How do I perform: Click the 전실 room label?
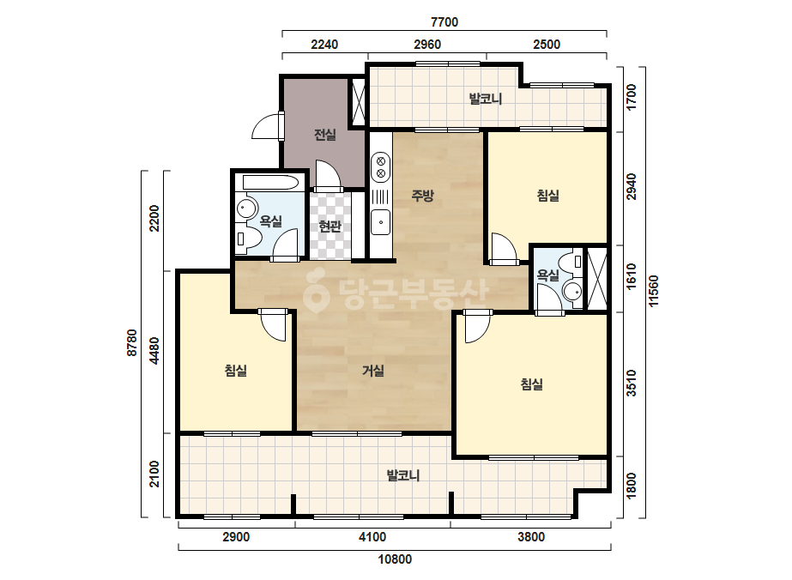point(325,135)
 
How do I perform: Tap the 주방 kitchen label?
point(422,195)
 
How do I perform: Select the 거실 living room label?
point(373,371)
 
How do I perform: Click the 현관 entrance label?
point(329,226)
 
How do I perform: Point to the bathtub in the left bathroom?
point(270,183)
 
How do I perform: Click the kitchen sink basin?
point(380,222)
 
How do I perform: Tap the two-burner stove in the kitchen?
point(381,167)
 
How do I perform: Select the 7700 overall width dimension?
point(444,22)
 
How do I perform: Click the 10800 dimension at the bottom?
point(395,559)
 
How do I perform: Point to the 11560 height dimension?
point(654,291)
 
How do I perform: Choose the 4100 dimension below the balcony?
point(372,536)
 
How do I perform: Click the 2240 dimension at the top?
point(324,45)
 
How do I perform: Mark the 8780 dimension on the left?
point(132,342)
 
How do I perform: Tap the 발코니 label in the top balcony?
point(486,99)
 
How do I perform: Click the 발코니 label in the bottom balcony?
point(403,475)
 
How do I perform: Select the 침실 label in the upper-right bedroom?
point(548,195)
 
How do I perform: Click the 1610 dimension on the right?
point(632,277)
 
